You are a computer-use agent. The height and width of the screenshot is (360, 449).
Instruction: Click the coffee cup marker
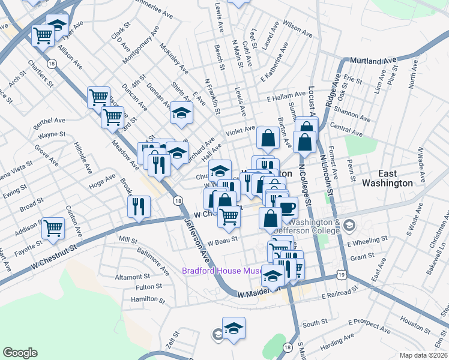tap(288, 208)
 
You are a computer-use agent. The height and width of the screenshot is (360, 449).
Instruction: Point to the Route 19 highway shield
tap(341, 274)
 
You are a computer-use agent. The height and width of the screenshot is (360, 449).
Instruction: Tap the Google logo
tap(20, 353)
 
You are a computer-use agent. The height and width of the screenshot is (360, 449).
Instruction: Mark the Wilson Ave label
tap(283, 26)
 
